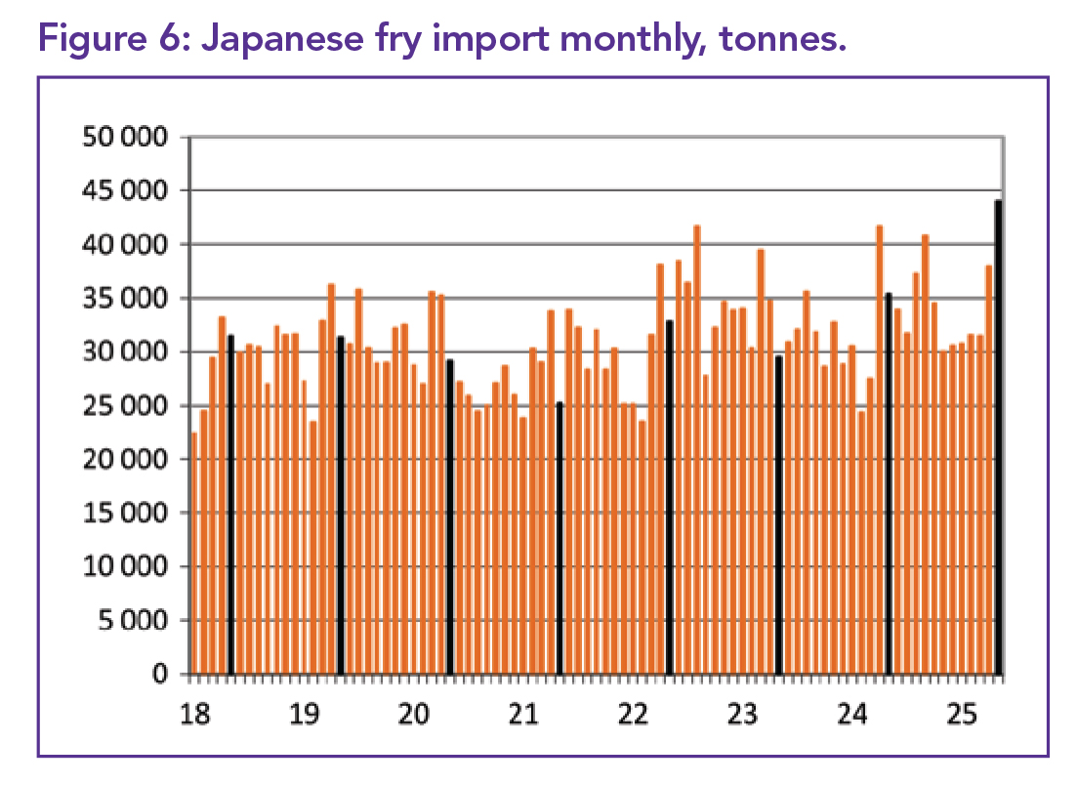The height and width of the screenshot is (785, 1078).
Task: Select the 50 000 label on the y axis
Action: click(x=125, y=137)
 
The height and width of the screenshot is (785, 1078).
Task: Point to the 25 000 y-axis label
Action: click(x=125, y=406)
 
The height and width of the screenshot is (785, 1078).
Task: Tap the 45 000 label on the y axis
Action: click(x=125, y=190)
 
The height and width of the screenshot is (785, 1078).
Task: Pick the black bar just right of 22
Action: click(x=669, y=498)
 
